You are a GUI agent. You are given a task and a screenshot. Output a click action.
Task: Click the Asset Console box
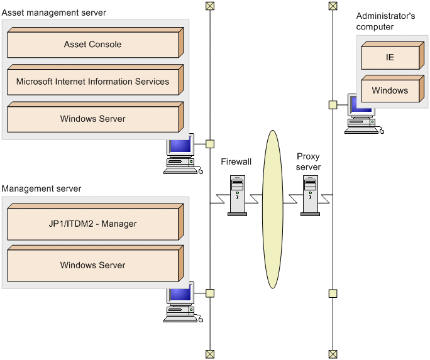(92, 45)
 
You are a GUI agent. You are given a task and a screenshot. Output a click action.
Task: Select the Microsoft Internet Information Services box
(92, 82)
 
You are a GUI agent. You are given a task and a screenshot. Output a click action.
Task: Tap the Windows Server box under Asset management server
(92, 119)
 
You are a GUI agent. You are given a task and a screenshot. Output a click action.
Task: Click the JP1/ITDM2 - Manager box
(92, 224)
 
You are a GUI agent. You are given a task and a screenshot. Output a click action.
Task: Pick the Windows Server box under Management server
(92, 266)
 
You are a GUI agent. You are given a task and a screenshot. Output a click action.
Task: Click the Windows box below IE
(390, 91)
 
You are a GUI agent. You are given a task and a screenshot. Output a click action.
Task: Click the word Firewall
(236, 162)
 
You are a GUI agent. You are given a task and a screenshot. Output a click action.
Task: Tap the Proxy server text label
(309, 161)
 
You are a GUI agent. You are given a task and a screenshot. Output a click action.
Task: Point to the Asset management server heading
(54, 13)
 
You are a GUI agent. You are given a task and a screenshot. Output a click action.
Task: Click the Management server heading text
(41, 188)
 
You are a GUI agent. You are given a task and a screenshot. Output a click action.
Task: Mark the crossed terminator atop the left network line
(210, 6)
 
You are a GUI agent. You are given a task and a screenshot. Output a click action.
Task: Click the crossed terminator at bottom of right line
(333, 354)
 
